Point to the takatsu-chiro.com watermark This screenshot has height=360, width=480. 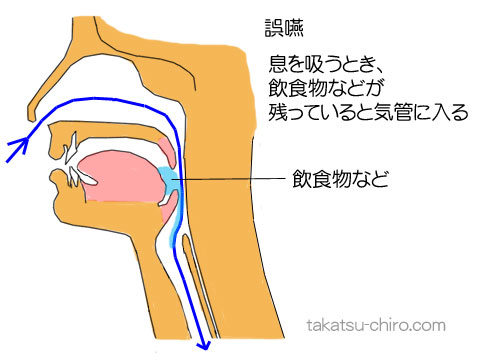point(375,327)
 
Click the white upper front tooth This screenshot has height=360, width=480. point(69,155)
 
